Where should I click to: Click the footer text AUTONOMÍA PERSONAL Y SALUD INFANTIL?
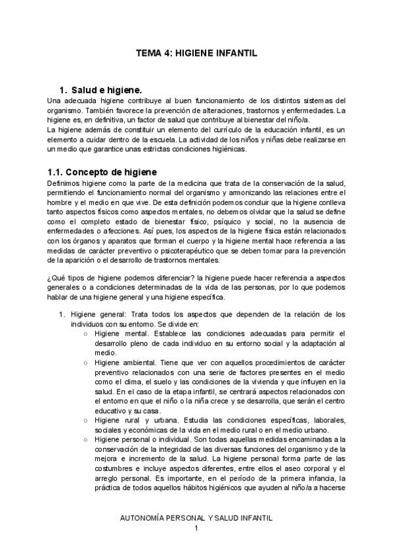pyautogui.click(x=197, y=518)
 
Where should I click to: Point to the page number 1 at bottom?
pyautogui.click(x=196, y=529)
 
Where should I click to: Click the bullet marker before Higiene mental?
pyautogui.click(x=87, y=334)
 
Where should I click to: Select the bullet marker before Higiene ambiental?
pyautogui.click(x=87, y=363)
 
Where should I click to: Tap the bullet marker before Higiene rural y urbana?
pyautogui.click(x=87, y=420)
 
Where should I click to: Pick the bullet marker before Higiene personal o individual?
pyautogui.click(x=87, y=439)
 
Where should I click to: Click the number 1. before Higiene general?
pyautogui.click(x=62, y=315)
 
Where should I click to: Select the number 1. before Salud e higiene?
pyautogui.click(x=63, y=89)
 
